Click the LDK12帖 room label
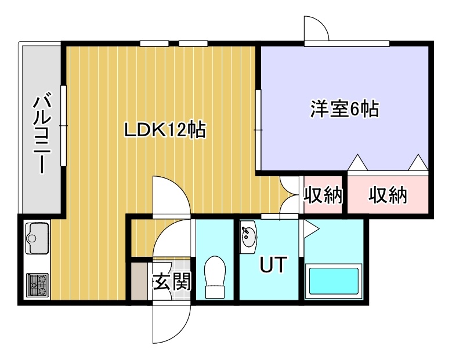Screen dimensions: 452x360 click(165, 130)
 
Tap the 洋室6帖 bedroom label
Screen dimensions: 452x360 click(345, 109)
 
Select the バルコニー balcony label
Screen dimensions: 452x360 click(42, 133)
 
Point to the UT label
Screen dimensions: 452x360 click(273, 264)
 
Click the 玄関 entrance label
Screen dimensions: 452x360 click(172, 281)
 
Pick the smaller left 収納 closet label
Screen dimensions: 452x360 click(323, 195)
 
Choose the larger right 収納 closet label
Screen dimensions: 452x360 click(388, 195)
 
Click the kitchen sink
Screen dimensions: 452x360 click(37, 238)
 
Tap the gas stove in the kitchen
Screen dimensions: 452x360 click(37, 285)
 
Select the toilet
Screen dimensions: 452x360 click(215, 277)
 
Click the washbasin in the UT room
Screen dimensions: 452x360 click(248, 237)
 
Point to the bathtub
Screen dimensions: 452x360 click(334, 281)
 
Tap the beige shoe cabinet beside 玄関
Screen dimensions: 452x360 click(139, 281)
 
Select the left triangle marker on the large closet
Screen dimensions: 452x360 click(357, 163)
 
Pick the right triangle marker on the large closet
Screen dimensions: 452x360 click(418, 163)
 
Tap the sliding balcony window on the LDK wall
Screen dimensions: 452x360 click(63, 126)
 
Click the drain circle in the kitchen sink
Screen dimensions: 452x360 click(31, 238)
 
